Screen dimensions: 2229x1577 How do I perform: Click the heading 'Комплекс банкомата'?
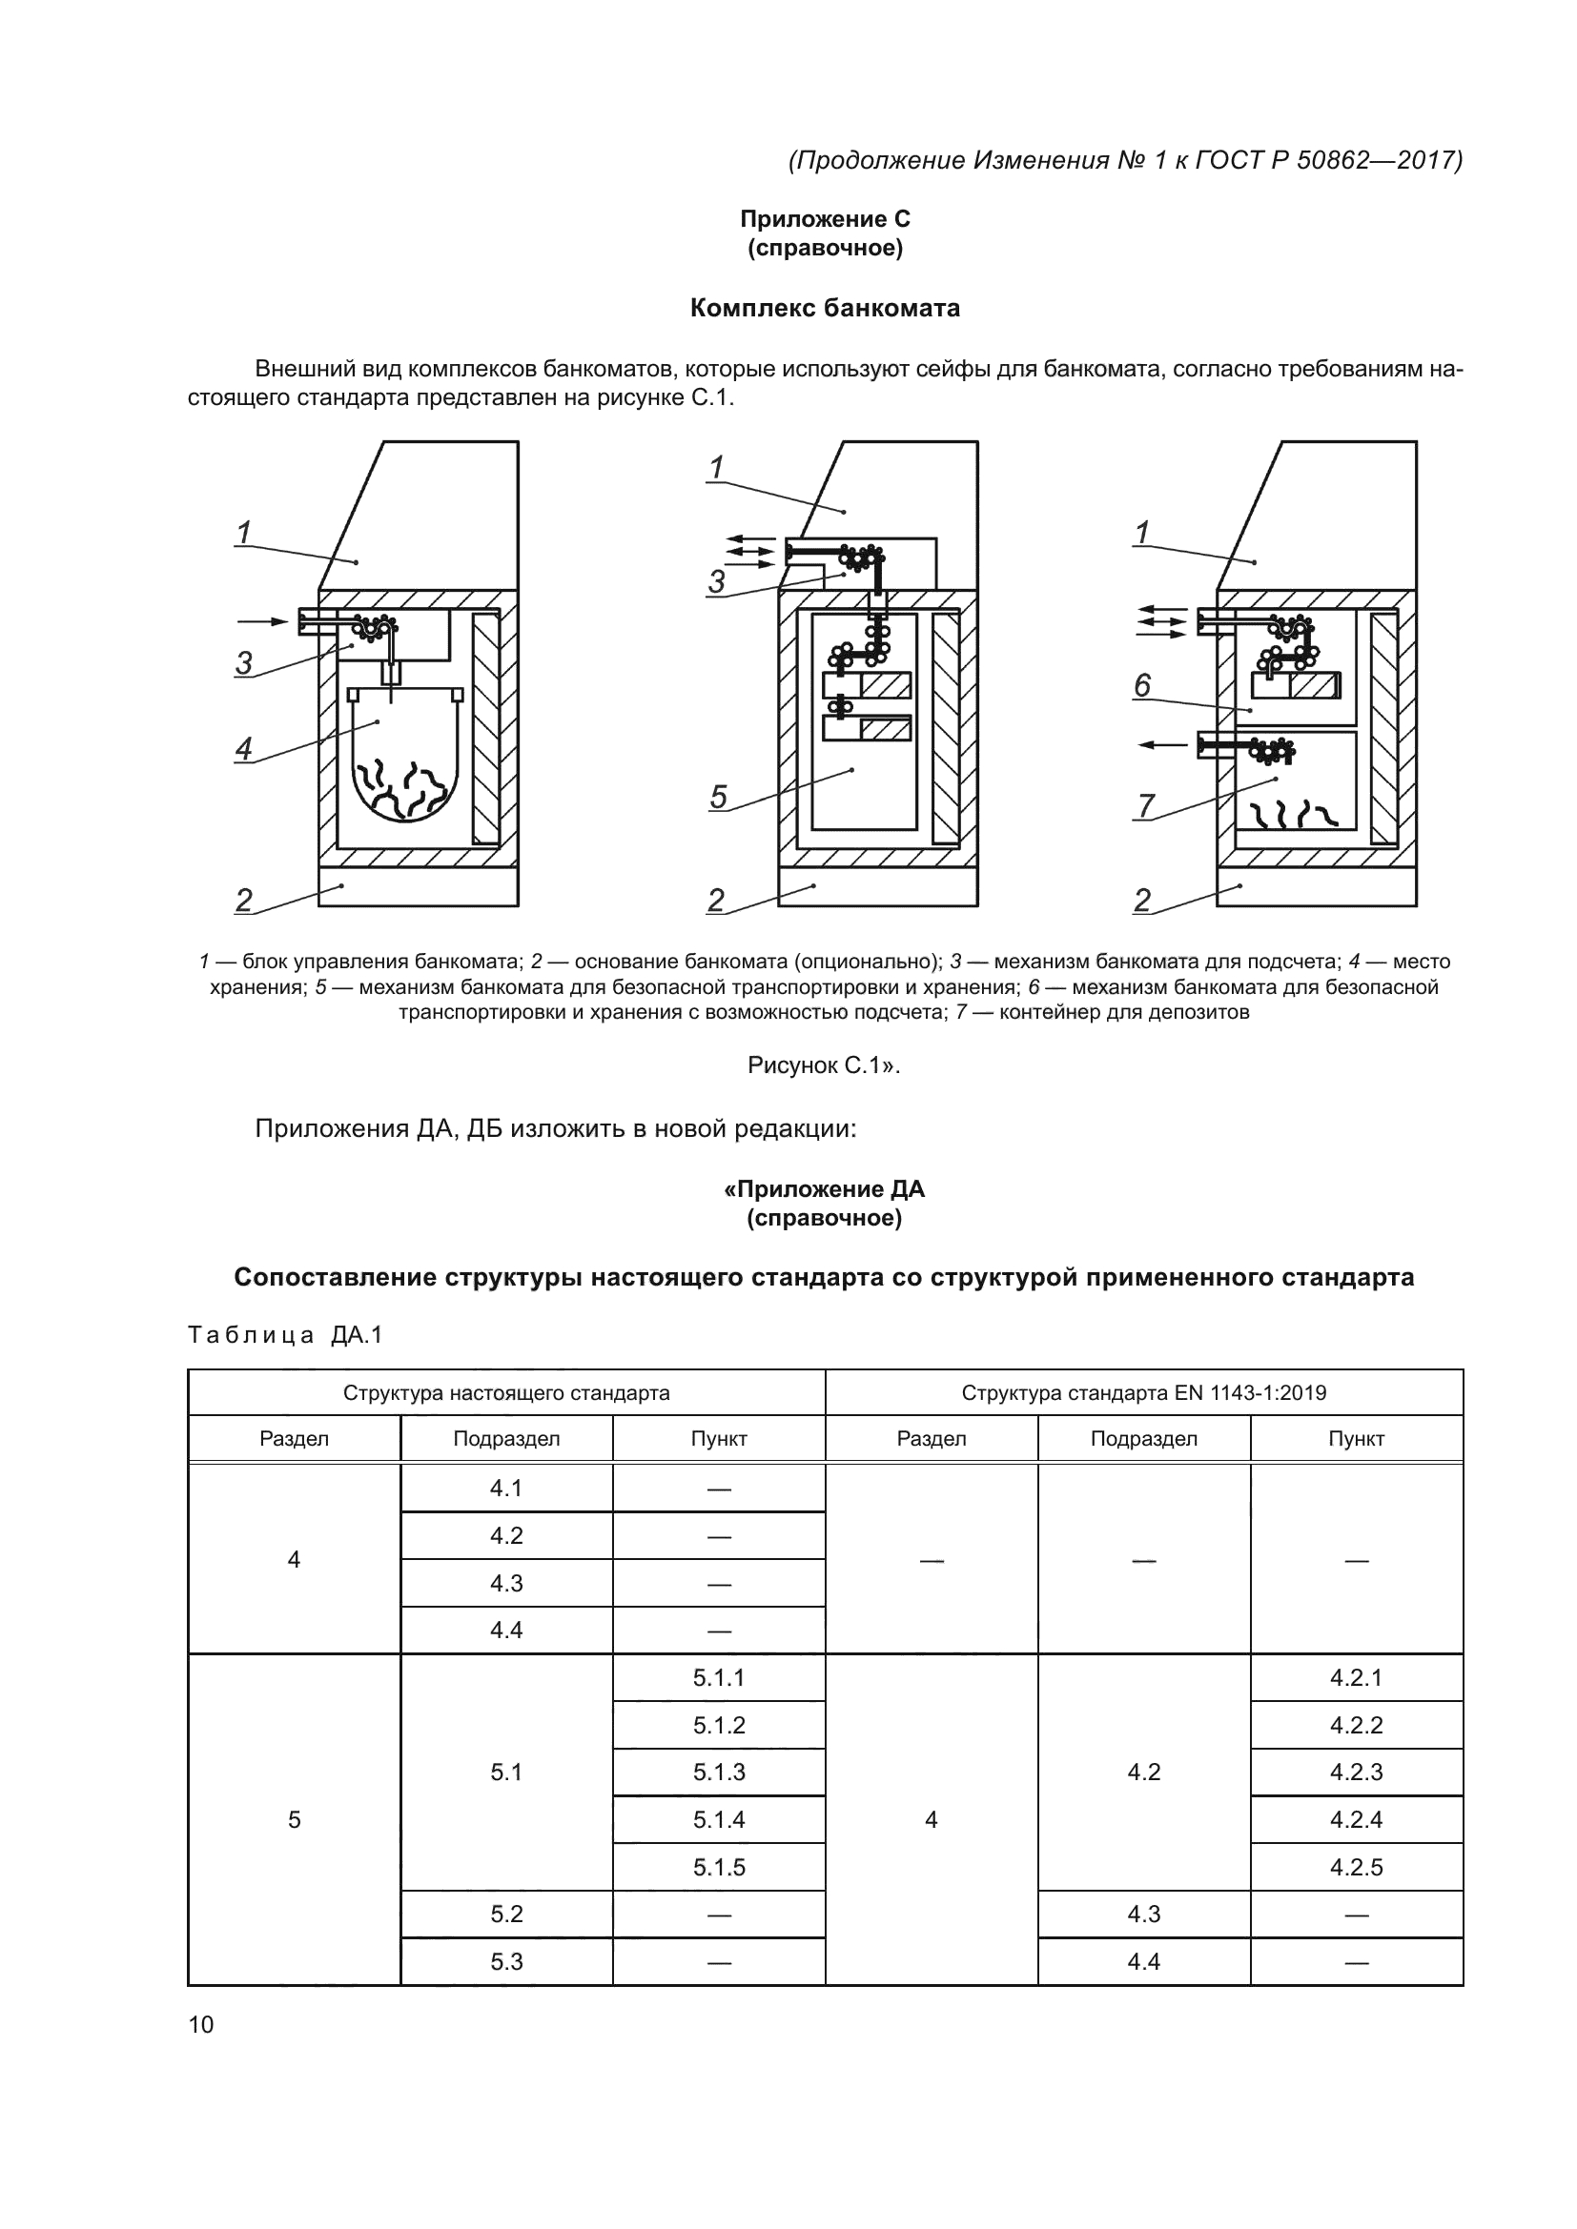(825, 308)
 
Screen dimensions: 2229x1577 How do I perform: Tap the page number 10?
(201, 2024)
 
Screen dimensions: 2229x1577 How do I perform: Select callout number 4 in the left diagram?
(244, 748)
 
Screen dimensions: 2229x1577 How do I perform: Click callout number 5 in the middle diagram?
(718, 797)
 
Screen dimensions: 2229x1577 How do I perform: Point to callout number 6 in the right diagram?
(1142, 685)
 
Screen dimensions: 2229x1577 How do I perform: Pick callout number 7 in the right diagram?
(1146, 806)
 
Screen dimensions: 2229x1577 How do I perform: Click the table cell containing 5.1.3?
(719, 1772)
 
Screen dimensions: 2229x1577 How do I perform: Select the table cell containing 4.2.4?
(1356, 1819)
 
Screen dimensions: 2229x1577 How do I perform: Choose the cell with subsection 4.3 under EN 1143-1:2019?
(1144, 1915)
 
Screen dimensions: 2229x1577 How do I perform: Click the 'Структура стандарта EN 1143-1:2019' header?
(1144, 1393)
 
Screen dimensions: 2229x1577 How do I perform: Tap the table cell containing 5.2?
(506, 1915)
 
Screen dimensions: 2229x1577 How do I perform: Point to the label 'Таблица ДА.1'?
(285, 1336)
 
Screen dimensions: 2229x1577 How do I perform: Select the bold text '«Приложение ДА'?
(825, 1189)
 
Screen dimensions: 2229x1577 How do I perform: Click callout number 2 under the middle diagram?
(716, 900)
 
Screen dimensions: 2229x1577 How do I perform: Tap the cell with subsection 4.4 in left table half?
(506, 1630)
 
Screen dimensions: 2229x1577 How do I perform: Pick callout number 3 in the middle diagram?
(717, 581)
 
